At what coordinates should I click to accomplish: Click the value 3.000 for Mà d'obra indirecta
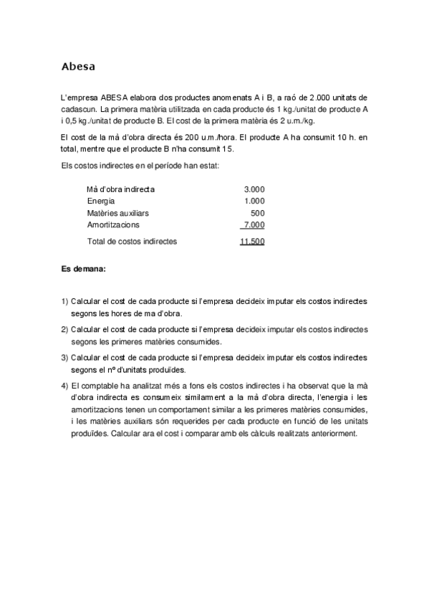pos(254,189)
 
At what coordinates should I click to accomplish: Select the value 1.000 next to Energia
pos(254,201)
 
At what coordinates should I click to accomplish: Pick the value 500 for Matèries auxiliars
pos(258,213)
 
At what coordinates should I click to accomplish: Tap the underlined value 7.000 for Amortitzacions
pos(254,225)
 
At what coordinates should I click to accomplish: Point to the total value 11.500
pos(252,242)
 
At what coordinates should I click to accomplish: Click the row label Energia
pos(101,201)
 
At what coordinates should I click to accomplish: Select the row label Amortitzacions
pos(113,225)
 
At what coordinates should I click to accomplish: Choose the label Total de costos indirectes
pos(132,242)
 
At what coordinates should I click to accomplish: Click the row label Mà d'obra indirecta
pos(120,189)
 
